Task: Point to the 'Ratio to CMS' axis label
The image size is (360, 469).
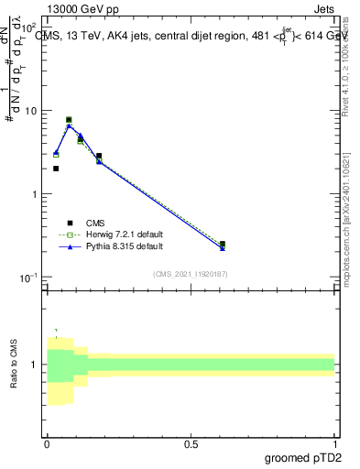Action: pos(15,364)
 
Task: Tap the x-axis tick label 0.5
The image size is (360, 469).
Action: pos(191,442)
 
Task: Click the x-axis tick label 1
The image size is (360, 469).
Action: pos(334,442)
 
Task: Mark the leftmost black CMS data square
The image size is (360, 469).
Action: pos(56,169)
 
